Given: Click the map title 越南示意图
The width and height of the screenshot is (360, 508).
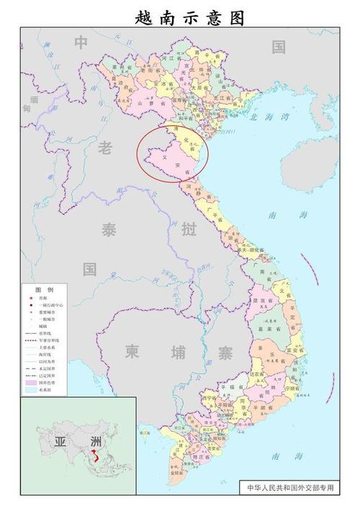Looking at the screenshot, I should [x=180, y=16].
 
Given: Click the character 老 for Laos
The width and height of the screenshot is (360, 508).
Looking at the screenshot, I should [x=105, y=148].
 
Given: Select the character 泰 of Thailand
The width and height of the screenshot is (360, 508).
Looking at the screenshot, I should [x=109, y=231].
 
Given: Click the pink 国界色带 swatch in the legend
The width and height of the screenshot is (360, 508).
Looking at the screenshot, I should [x=31, y=385].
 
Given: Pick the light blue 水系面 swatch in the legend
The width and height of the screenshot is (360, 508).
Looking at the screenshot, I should [x=31, y=393].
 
